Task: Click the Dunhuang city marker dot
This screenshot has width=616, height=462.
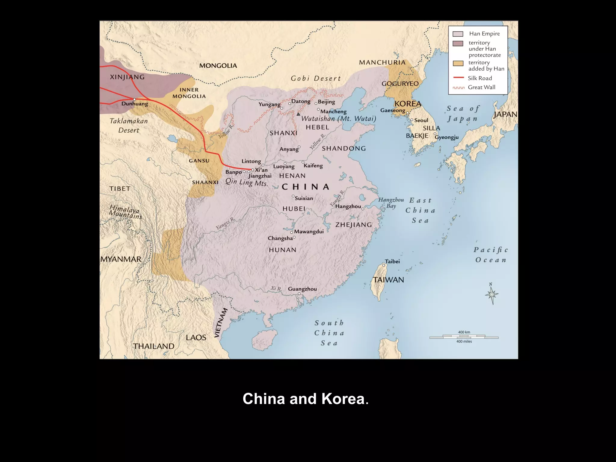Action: (x=134, y=99)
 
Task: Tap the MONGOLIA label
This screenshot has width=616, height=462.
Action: (x=218, y=66)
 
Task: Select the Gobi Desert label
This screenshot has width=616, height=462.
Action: (x=316, y=79)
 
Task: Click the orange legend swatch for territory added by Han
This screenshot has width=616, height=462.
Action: (x=458, y=63)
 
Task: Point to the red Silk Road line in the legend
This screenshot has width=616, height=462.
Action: (x=458, y=78)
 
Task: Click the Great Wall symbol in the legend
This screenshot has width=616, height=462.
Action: (x=458, y=88)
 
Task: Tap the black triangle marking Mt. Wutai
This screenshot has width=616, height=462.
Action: (x=298, y=114)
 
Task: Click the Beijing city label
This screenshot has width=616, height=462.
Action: (x=326, y=102)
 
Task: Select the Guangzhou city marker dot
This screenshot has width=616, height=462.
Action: (x=299, y=294)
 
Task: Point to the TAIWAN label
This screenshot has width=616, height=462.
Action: (x=388, y=280)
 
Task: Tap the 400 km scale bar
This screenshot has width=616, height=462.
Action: (x=464, y=337)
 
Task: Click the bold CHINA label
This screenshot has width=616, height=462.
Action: (x=306, y=187)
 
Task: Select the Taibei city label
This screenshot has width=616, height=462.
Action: (x=392, y=261)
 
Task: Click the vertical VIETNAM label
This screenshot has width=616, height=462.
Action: (x=221, y=323)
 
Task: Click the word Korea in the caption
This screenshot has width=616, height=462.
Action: (x=343, y=399)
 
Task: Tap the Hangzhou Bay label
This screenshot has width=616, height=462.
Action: (x=391, y=203)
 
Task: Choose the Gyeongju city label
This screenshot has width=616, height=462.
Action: (x=447, y=137)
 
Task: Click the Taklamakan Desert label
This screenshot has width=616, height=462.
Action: (x=129, y=125)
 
